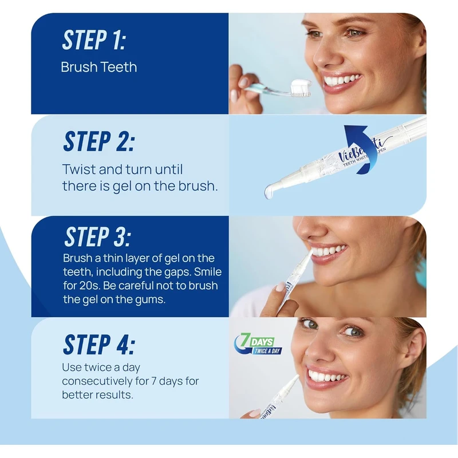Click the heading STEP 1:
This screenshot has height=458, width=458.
(94, 40)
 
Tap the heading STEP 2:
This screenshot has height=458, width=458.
(99, 141)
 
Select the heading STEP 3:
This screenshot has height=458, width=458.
(98, 236)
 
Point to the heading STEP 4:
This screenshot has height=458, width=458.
(99, 345)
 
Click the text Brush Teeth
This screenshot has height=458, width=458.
(99, 67)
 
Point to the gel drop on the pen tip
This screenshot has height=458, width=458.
(269, 192)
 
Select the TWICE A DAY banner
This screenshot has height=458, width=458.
(267, 351)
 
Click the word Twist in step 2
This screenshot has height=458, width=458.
(79, 169)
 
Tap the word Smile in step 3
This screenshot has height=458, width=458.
(208, 271)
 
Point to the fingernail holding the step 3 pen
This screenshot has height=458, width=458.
(281, 287)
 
